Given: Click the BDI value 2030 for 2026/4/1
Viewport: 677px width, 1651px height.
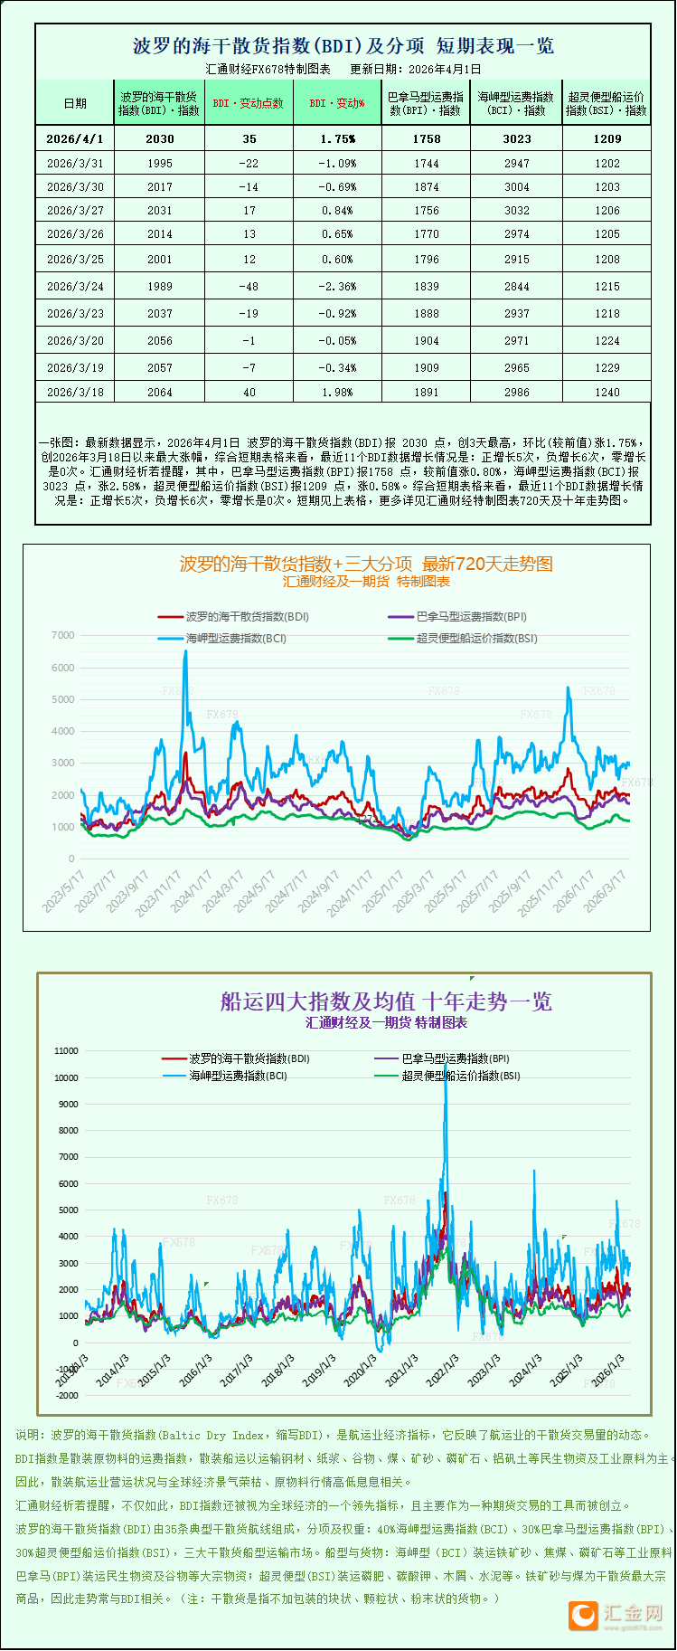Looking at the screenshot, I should click(160, 138).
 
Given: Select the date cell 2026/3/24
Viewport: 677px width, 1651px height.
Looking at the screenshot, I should click(75, 286).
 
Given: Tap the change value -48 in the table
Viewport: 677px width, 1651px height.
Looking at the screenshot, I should click(249, 286).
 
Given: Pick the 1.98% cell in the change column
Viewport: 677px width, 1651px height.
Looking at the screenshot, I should click(337, 392).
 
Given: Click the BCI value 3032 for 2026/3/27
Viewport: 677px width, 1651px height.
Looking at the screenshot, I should click(517, 210).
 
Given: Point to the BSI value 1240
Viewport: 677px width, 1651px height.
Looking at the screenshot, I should click(607, 392).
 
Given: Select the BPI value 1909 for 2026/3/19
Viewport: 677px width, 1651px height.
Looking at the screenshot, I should click(427, 367).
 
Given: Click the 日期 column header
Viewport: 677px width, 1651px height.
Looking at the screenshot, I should click(75, 103).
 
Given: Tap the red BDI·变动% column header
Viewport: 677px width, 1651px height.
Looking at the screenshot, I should click(337, 103).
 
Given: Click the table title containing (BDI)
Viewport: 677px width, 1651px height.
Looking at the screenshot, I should click(343, 45).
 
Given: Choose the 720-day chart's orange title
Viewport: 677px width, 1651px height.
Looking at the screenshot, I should click(366, 564).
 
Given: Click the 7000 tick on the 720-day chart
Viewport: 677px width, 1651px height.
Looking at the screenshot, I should click(62, 635).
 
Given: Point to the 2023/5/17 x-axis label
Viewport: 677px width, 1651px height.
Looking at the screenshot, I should click(64, 890).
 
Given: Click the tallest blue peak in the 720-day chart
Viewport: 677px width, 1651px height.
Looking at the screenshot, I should click(186, 652).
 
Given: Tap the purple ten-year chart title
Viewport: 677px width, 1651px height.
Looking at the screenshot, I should click(386, 1001).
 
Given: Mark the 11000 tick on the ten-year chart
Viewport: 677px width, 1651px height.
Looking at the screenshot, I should click(67, 1051).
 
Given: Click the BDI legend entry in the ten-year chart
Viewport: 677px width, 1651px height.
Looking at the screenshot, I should click(236, 1058).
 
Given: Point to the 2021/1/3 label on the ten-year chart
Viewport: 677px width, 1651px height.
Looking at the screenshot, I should click(402, 1370).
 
